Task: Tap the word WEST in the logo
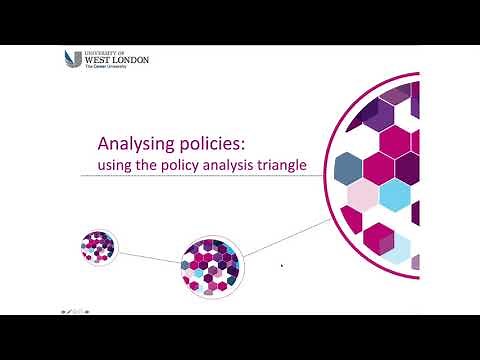100,60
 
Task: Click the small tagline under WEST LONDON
110,69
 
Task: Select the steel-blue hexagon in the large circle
348,163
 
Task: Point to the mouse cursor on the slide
282,266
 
